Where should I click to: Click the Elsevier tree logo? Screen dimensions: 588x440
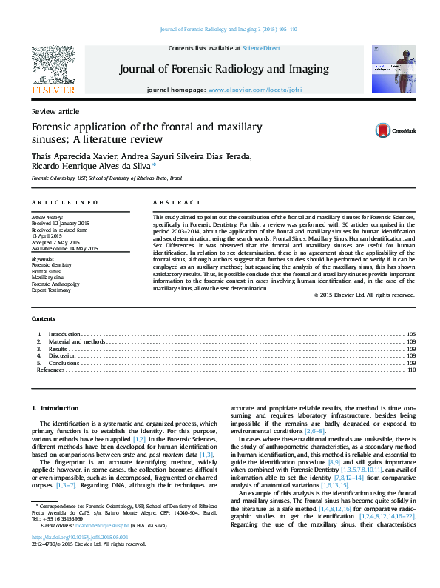[x=53, y=66]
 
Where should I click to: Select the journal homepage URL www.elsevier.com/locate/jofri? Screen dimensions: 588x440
[x=255, y=89]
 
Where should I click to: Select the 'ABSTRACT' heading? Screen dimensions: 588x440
[x=176, y=202]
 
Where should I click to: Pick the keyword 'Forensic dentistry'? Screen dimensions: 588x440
[x=52, y=264]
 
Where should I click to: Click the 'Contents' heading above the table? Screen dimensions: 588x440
[x=43, y=318]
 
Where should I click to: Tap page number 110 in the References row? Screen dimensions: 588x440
[x=411, y=369]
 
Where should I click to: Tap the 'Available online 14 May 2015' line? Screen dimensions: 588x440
[x=64, y=249]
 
